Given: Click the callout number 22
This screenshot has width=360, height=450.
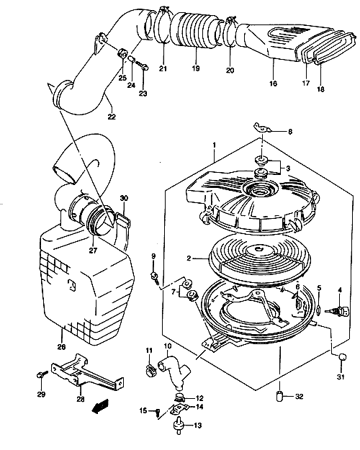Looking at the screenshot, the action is click(x=112, y=117).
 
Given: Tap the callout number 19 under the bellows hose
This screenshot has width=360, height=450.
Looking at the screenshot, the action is click(x=196, y=68).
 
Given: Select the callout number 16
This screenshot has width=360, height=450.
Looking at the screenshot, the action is click(x=274, y=84).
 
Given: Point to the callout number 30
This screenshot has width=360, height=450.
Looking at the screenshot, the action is click(x=124, y=198).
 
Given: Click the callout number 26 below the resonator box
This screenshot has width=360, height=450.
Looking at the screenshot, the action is click(x=61, y=347).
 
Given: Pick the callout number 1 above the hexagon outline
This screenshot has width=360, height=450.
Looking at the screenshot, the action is click(x=214, y=145).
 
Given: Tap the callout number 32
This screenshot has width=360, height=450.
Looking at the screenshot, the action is click(x=299, y=396).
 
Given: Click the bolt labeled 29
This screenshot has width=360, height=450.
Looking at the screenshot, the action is click(x=40, y=375).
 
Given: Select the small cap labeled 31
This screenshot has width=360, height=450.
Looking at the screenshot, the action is click(x=342, y=356).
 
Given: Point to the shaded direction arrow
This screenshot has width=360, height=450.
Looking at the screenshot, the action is click(x=100, y=406).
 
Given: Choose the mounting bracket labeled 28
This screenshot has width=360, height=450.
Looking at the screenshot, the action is click(x=86, y=373).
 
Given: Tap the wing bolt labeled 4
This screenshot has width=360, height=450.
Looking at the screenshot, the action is click(x=338, y=311).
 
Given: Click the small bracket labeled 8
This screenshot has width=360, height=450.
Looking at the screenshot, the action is click(x=262, y=127).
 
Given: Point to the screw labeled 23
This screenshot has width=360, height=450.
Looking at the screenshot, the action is click(x=142, y=66).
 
